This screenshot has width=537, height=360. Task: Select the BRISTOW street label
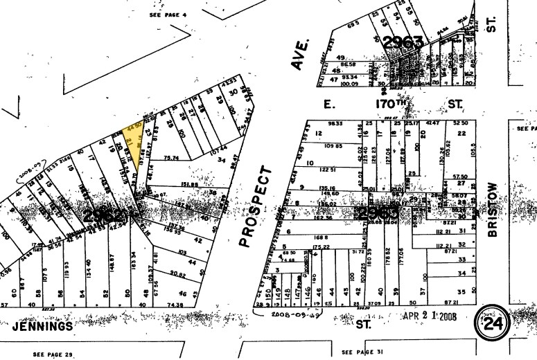493,210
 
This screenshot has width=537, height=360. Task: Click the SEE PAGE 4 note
169,14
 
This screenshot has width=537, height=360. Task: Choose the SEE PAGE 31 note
362,352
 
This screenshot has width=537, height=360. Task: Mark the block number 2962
104,216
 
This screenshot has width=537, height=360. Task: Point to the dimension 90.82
177,275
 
